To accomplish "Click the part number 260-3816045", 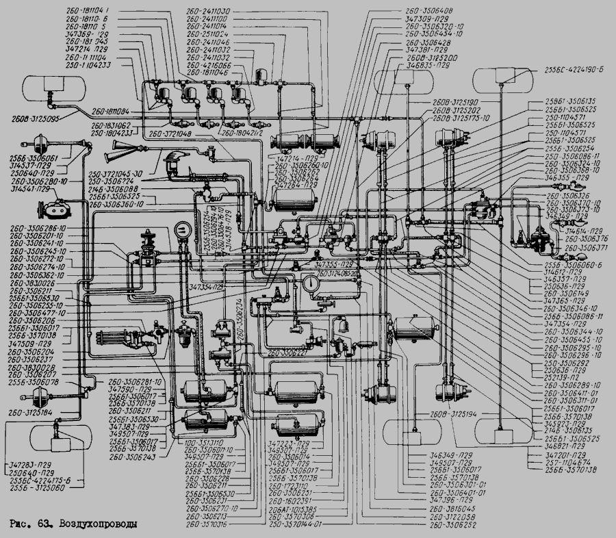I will (x=453, y=510).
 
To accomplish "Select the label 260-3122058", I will (x=453, y=517).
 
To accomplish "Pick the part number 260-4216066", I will (x=207, y=65).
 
